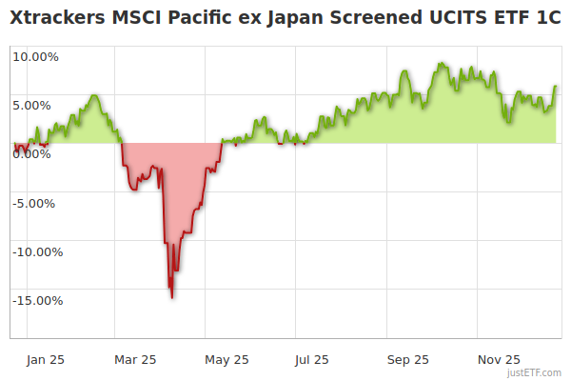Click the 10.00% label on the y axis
pos(35,56)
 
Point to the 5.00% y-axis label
pos(35,105)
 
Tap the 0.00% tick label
pos(35,153)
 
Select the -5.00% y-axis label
pos(35,203)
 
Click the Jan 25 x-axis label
pos(45,359)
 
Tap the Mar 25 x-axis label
pos(134,359)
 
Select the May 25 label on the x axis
pos(226,359)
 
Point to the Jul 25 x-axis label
pos(312,359)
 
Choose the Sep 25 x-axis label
pos(407,359)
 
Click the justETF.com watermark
pos(535,373)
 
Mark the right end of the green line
pos(556,87)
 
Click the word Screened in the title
pos(371,20)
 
